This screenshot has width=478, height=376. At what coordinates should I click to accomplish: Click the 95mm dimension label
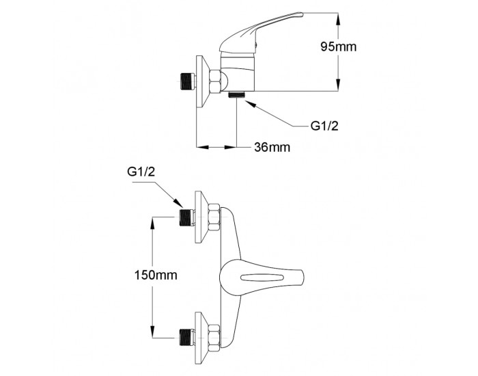click(339, 46)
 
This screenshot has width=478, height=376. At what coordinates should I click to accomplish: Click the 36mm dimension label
click(272, 148)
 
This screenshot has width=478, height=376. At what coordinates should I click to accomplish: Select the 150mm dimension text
click(156, 275)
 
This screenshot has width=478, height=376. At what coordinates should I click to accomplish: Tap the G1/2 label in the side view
click(324, 126)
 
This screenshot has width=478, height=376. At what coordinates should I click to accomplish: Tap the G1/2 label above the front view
click(141, 172)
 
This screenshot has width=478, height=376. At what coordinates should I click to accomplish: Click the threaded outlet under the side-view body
click(236, 94)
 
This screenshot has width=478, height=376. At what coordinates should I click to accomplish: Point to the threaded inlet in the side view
click(187, 81)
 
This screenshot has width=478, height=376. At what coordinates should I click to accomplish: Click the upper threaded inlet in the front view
click(186, 217)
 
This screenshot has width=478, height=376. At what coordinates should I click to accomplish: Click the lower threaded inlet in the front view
click(186, 338)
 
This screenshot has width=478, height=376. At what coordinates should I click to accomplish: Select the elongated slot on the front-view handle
click(263, 278)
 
